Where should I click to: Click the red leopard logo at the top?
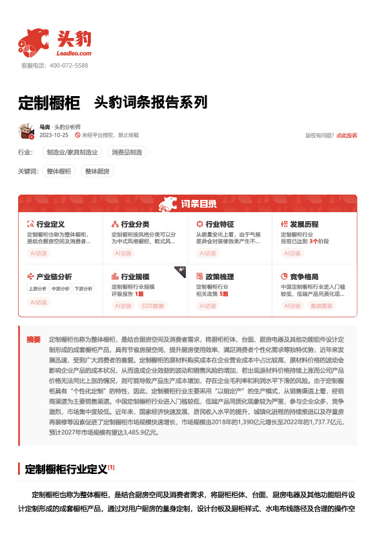point(34,41)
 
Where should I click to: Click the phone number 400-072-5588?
point(67,66)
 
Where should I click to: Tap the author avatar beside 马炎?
point(26,131)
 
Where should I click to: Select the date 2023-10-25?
point(54,135)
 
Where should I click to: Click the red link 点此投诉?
point(347,135)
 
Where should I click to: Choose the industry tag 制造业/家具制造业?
point(72,152)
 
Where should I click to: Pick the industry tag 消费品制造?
point(128,152)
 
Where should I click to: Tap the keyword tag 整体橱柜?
point(59,171)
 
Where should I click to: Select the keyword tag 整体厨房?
point(96,171)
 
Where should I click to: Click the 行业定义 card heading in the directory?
point(50,224)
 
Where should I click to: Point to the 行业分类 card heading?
point(135,224)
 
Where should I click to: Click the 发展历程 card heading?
point(304,224)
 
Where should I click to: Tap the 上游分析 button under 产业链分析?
point(37,288)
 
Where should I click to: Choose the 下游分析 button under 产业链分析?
point(83,288)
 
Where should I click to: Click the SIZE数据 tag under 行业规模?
point(153,306)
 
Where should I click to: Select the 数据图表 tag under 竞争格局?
point(321,306)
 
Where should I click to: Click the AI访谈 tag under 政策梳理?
point(207,306)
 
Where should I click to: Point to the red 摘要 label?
point(33,339)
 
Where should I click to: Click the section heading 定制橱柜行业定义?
point(65,469)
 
